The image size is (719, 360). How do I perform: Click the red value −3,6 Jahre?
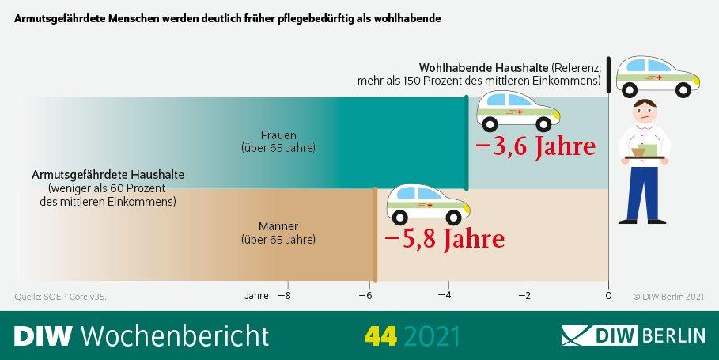535,147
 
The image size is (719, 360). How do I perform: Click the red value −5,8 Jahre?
443,238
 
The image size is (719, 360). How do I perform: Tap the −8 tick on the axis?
282,296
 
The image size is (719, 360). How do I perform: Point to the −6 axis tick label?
365,296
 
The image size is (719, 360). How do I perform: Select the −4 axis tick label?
447,296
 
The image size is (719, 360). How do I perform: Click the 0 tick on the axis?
608,296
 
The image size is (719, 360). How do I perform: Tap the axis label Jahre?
256,296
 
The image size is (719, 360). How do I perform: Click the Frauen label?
278,135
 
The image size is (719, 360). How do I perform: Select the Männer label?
278,225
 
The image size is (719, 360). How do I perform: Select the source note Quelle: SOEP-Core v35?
60,297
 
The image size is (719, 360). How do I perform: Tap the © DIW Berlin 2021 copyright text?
668,297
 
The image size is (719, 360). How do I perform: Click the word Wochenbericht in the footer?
175,335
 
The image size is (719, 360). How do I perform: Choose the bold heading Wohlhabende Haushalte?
483,67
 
